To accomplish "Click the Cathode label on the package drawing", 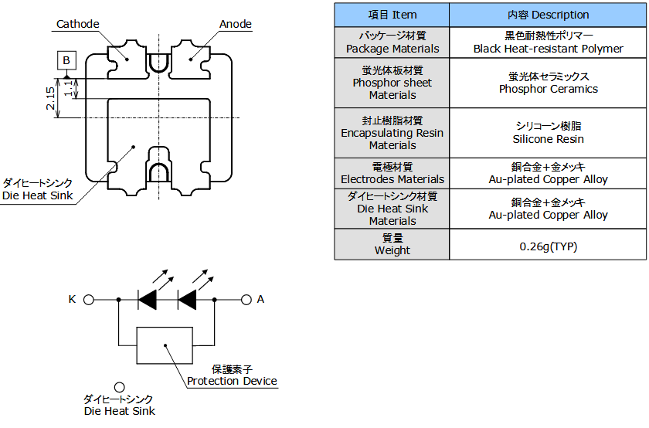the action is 78,24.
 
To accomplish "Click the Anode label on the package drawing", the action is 236,24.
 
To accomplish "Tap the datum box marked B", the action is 66,60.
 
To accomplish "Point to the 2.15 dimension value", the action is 50,98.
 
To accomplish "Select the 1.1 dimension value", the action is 69,88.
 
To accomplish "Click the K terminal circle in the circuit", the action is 89,300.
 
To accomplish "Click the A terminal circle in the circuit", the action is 246,300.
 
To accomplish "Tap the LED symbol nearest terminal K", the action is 148,300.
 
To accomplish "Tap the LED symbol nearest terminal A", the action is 187,300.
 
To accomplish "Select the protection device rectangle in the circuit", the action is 165,345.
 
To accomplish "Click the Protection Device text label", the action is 232,381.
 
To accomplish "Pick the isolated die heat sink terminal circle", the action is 120,387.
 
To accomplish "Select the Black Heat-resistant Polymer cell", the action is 548,42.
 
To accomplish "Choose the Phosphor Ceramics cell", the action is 548,83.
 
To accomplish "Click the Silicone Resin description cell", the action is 548,133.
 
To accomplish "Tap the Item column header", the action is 392,15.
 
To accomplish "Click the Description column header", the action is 548,15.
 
